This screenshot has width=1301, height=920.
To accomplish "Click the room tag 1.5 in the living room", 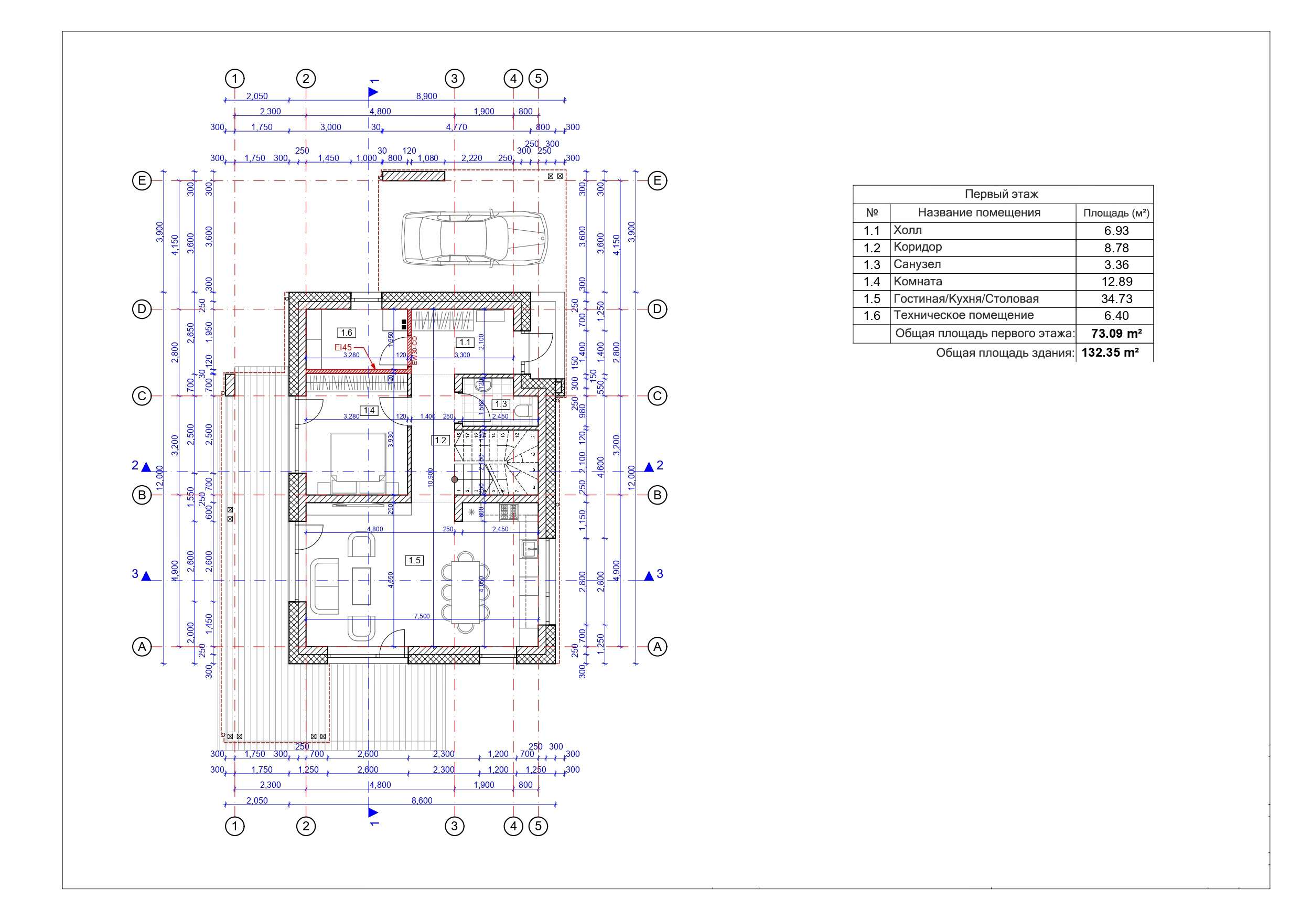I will click(x=414, y=560).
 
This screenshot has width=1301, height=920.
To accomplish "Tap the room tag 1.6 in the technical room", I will click(x=346, y=333).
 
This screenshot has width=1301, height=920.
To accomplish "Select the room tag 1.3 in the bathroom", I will click(x=500, y=404).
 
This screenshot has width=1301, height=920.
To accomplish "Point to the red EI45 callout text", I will click(x=343, y=347).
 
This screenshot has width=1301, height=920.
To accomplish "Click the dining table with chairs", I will click(x=466, y=592).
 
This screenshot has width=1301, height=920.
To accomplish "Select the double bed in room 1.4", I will click(x=358, y=463).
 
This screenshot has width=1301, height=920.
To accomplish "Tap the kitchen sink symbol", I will click(x=530, y=549).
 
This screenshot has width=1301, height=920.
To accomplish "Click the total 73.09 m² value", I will click(x=1116, y=333).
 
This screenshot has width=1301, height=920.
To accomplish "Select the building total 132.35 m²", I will click(x=1110, y=352).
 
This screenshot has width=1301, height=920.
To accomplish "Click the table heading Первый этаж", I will click(x=1001, y=194).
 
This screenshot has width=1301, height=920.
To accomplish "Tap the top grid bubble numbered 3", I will click(x=454, y=78).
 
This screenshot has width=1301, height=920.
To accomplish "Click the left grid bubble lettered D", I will click(x=142, y=309).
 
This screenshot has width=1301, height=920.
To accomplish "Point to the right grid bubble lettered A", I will click(x=657, y=646).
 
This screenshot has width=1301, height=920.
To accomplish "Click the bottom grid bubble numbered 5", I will click(x=539, y=826).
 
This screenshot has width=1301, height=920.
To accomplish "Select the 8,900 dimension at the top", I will click(x=427, y=97).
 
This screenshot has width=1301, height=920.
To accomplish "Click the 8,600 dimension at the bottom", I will click(x=422, y=800).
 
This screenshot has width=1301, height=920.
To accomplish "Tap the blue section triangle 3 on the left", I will click(x=146, y=576).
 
